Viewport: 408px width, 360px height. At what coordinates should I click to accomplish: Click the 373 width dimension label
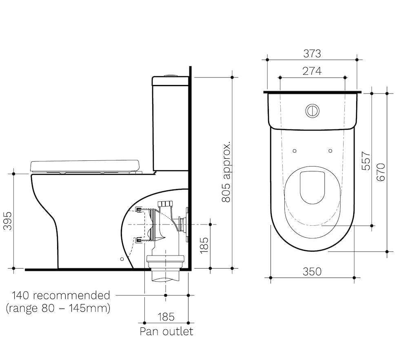[x=312, y=53]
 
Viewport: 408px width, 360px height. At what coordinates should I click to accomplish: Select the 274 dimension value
[x=312, y=71]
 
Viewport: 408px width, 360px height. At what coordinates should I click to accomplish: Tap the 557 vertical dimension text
[x=366, y=161]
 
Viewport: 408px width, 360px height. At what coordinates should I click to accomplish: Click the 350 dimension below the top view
[x=312, y=271]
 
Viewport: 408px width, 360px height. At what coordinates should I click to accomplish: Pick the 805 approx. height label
[x=226, y=172]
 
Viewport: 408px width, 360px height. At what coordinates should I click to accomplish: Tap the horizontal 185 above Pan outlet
[x=166, y=316]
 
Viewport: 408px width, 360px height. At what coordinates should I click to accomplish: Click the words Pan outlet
[x=166, y=331]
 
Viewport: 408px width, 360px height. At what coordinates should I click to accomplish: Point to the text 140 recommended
[x=61, y=295]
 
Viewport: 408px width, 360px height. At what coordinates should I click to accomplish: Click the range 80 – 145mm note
[x=58, y=308]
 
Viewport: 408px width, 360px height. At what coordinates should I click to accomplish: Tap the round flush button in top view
[x=313, y=111]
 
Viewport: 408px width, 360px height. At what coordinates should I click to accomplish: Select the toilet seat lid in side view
[x=85, y=165]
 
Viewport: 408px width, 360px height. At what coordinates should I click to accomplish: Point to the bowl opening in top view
[x=313, y=187]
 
